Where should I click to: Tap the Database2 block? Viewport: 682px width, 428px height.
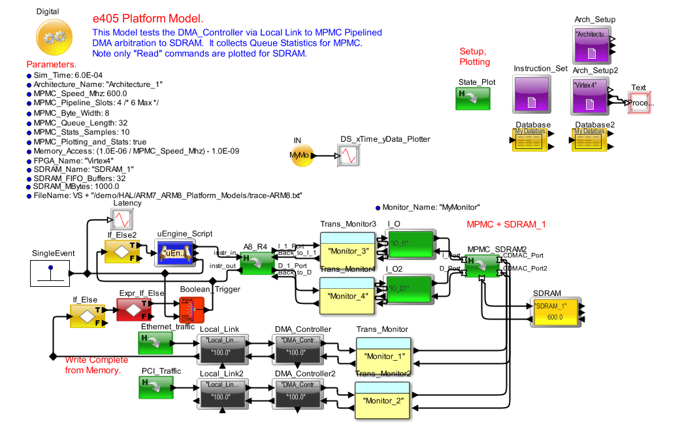click(590, 140)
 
